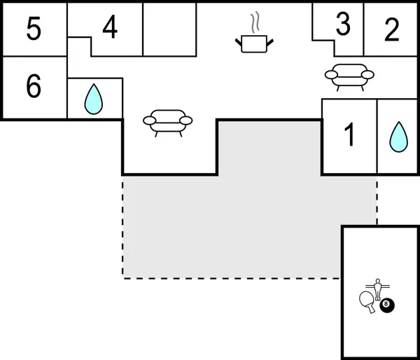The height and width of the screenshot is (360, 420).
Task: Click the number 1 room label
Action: point(349,136)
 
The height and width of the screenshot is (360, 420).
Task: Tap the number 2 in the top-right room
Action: point(392,30)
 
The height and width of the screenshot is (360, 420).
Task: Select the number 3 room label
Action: point(342,25)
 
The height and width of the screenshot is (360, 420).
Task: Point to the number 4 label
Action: point(110,27)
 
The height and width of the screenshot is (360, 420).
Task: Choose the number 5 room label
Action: point(34,30)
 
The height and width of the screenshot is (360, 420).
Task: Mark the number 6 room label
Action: point(34,87)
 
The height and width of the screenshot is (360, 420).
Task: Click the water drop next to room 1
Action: point(398,137)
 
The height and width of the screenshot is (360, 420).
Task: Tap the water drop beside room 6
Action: point(93,99)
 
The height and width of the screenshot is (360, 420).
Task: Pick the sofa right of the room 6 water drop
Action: point(167,120)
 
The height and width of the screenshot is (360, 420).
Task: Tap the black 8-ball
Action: point(386,306)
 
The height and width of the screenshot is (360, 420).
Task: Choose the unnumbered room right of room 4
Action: point(169,29)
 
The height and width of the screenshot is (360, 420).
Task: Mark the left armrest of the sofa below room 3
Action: point(331,73)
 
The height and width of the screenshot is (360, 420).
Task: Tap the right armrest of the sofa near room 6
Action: point(186,120)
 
